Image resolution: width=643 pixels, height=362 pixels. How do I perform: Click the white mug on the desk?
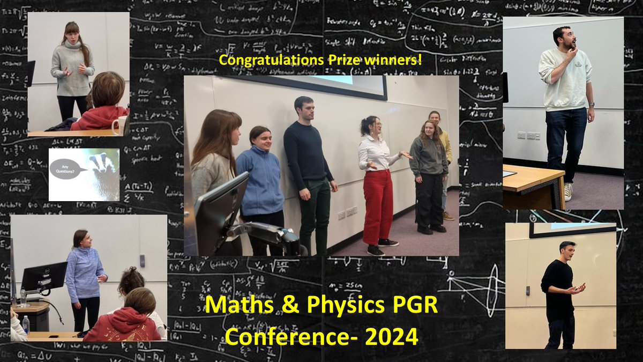pos(119,125)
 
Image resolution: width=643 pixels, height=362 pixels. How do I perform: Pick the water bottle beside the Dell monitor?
pos(23,296)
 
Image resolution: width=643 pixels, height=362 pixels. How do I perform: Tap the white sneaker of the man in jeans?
pos(568,192)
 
